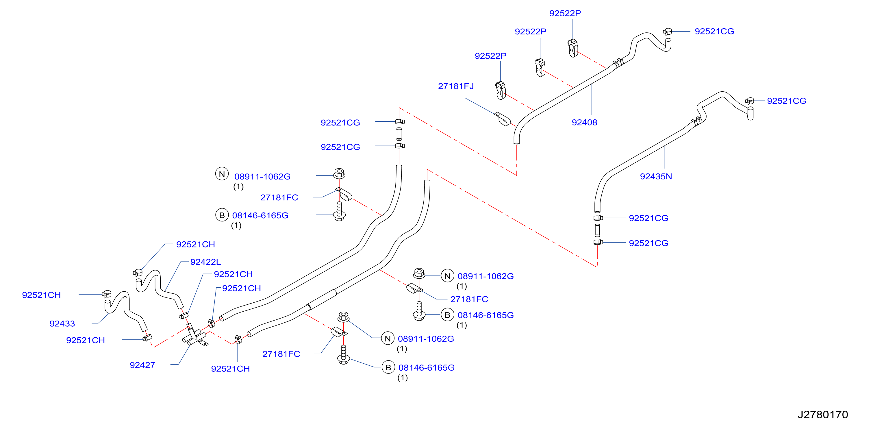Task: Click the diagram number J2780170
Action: [823, 415]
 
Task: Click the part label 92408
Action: [584, 122]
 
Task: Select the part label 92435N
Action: [656, 176]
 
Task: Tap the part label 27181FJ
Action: [456, 86]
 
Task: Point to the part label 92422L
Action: [205, 262]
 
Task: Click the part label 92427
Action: [142, 365]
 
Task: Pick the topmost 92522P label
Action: [565, 13]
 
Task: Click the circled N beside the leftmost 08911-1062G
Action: [222, 174]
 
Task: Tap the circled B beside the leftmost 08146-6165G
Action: [222, 215]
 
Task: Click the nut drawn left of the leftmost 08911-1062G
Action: [339, 173]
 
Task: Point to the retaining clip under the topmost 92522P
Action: [573, 48]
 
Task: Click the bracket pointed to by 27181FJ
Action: [502, 119]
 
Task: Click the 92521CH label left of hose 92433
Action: [41, 295]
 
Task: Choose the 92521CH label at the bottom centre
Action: [230, 369]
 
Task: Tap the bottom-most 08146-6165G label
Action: [426, 367]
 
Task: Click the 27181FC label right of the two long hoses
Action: [469, 299]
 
